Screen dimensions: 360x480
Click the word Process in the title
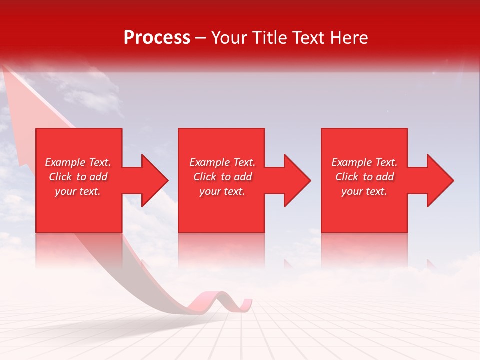point(157,38)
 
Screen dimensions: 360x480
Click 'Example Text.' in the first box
point(78,162)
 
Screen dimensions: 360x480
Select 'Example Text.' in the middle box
point(222,162)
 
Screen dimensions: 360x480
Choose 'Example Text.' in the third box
point(364,162)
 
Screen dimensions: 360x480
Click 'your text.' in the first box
point(78,191)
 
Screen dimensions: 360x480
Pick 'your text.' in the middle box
point(222,191)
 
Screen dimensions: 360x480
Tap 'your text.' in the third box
point(364,191)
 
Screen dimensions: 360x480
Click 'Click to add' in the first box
point(78,177)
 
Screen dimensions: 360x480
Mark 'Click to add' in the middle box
point(222,177)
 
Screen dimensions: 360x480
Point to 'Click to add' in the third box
point(364,177)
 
